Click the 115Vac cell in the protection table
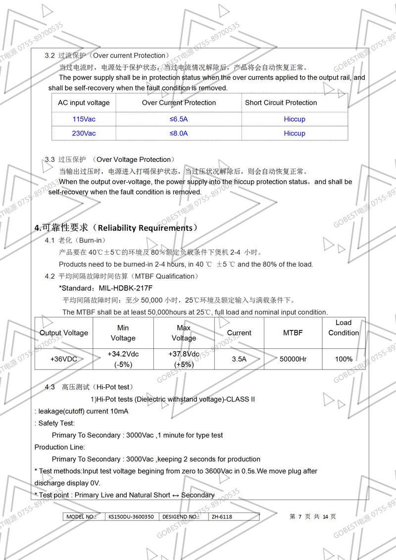click(x=84, y=119)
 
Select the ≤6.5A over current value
click(x=179, y=119)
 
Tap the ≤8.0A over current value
click(x=179, y=134)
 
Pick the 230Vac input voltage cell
click(x=84, y=134)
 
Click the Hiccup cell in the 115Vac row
click(x=295, y=119)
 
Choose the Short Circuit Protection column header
click(x=281, y=103)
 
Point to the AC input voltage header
click(x=84, y=103)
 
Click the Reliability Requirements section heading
click(x=116, y=228)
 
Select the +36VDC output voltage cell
click(x=64, y=359)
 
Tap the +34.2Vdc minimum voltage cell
click(x=123, y=359)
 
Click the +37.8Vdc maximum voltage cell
click(x=184, y=359)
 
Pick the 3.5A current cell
click(x=239, y=359)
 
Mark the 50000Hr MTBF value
click(x=293, y=359)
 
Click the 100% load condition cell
click(x=344, y=359)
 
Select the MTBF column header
click(x=293, y=333)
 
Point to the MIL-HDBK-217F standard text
click(x=126, y=288)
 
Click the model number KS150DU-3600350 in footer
click(x=131, y=516)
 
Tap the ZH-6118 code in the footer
click(x=221, y=516)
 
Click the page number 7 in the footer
click(x=299, y=516)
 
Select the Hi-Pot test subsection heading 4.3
click(x=89, y=387)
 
